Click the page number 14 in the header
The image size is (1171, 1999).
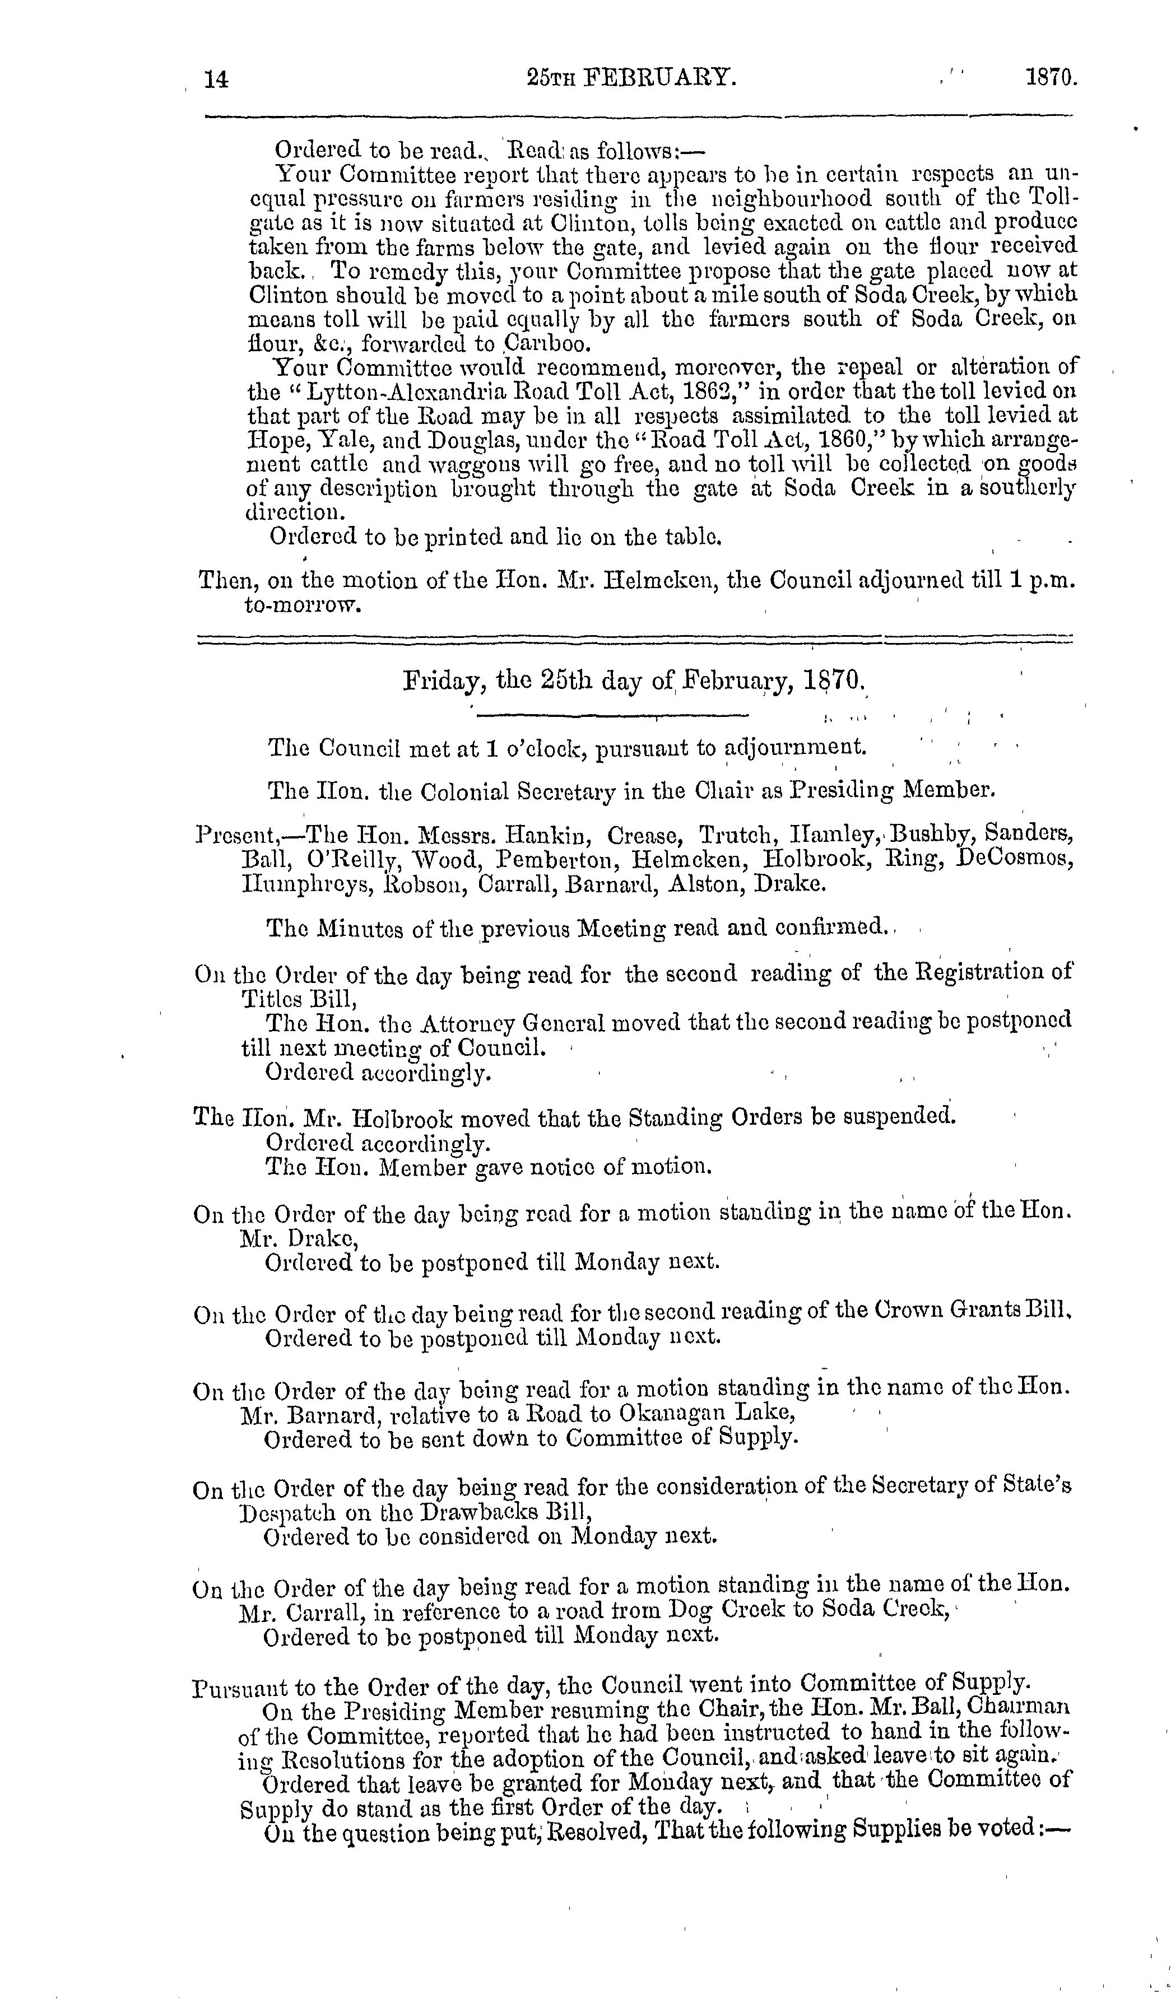tap(216, 78)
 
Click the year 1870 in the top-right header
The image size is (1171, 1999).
tap(1051, 78)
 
